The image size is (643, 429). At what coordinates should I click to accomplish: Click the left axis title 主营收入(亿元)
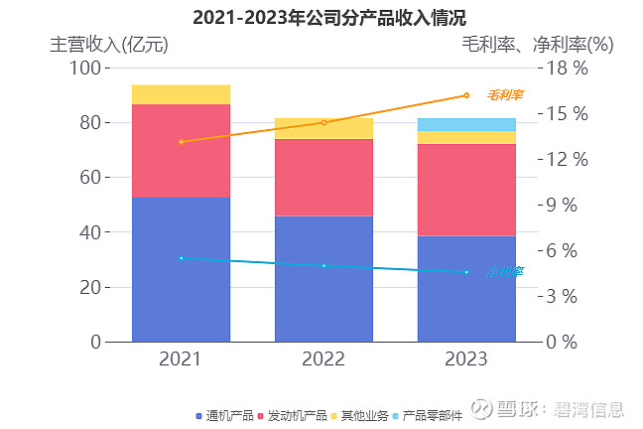coord(109,44)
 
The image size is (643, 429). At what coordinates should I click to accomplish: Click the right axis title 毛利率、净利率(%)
coord(537,44)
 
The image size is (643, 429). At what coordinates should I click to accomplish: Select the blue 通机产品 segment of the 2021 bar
coord(181,269)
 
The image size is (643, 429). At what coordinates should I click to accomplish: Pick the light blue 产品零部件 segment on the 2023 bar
coord(466,124)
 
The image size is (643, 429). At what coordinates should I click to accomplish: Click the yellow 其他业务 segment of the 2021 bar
coord(181,94)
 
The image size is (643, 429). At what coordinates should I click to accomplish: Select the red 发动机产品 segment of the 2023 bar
coord(466,190)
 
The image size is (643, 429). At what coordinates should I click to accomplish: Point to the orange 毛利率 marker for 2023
coord(466,95)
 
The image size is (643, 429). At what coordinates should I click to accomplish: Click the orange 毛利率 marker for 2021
coord(181,142)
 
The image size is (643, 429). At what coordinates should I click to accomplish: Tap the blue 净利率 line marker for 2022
coord(323,265)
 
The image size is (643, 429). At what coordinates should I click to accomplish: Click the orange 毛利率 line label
coord(505,95)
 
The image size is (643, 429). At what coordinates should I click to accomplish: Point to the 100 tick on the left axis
coord(87,68)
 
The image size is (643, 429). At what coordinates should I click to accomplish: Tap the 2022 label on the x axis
coord(323,358)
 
